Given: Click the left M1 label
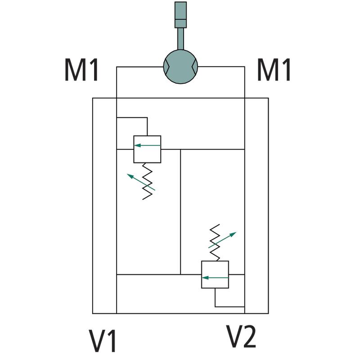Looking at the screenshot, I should click(x=81, y=71).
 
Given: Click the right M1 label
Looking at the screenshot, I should click(x=274, y=71).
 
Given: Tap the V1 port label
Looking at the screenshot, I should click(x=103, y=340).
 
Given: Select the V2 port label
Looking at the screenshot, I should click(x=241, y=336).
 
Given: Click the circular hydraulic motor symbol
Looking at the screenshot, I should click(x=180, y=67).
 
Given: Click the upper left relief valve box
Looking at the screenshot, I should click(x=147, y=149).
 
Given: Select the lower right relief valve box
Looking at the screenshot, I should click(x=215, y=274).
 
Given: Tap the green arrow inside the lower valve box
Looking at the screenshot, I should click(x=215, y=278).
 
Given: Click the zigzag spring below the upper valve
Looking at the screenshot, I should click(x=148, y=181).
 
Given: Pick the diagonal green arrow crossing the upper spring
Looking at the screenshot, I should click(x=141, y=182).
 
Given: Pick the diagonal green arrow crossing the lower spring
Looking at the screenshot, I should click(x=222, y=240).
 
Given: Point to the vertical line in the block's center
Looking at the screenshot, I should click(x=180, y=211).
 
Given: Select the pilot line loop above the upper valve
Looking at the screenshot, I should click(x=132, y=118).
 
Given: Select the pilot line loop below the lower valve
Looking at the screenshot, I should click(x=229, y=306).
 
